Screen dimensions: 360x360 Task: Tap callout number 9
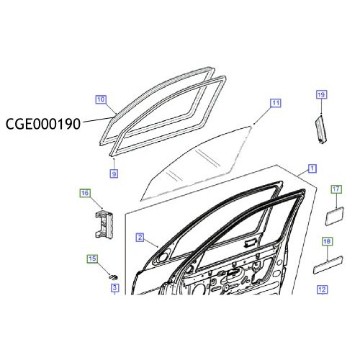pyautogui.click(x=114, y=173)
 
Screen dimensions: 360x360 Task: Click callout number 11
pyautogui.click(x=276, y=103)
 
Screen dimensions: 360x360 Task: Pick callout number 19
pyautogui.click(x=321, y=94)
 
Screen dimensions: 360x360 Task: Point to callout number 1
pyautogui.click(x=311, y=168)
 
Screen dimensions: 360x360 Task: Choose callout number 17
pyautogui.click(x=336, y=189)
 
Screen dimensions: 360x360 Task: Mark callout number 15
pyautogui.click(x=92, y=258)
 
